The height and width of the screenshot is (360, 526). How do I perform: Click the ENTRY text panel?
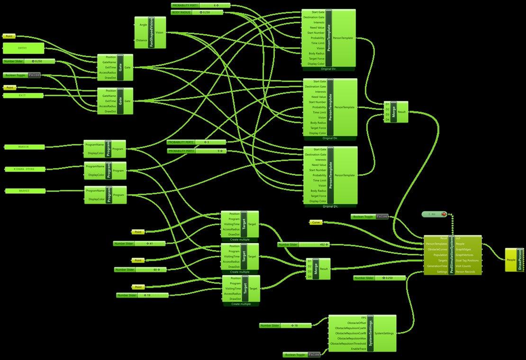(x=24, y=48)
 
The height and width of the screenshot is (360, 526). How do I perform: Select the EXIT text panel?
(x=23, y=96)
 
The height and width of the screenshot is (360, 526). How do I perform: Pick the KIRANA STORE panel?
(x=26, y=169)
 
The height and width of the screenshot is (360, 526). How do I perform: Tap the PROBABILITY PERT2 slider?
(x=197, y=142)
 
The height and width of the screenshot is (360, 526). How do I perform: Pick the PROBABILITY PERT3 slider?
(x=197, y=151)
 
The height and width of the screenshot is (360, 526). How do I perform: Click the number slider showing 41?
(x=139, y=243)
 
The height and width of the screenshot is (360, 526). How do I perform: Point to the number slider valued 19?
(x=142, y=296)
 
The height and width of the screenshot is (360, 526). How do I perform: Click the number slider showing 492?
(x=303, y=244)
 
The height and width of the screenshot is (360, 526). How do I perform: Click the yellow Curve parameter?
(x=316, y=222)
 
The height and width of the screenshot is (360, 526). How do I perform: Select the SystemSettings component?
(x=370, y=333)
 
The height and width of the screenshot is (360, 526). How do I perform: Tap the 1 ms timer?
(x=434, y=215)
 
